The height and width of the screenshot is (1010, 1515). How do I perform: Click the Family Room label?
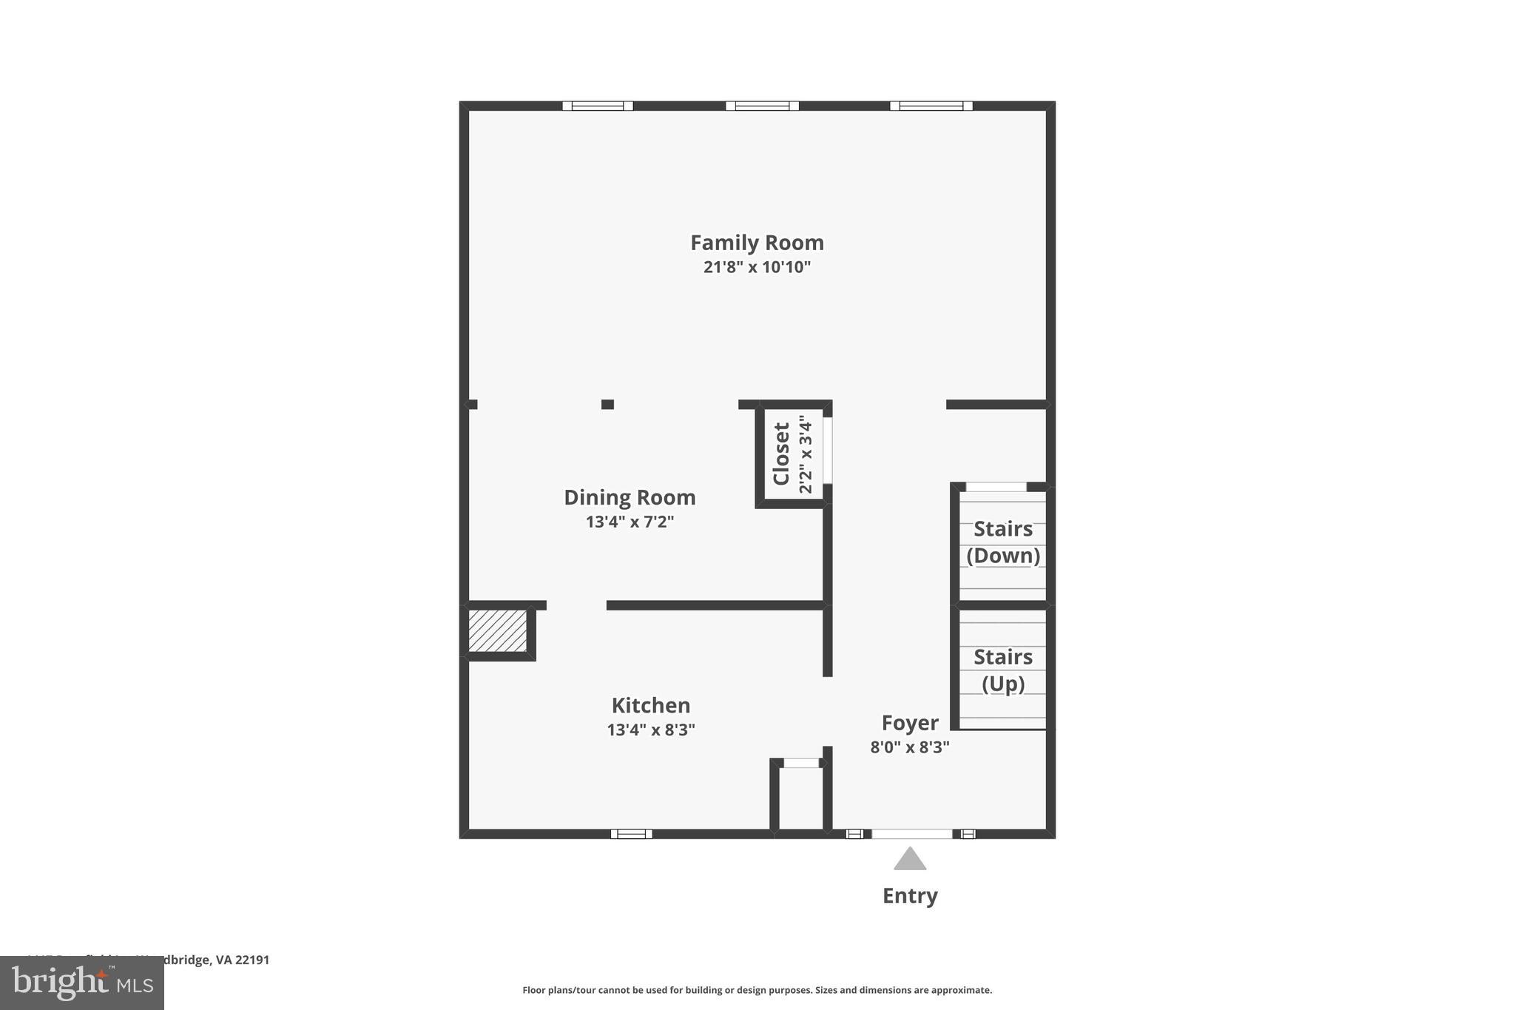point(757,243)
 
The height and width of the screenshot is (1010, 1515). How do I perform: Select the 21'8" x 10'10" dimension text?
point(757,267)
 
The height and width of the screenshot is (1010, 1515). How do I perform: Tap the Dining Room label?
point(630,497)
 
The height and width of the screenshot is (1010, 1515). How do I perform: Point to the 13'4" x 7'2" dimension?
point(630,522)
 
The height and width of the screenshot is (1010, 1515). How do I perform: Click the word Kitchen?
point(651,705)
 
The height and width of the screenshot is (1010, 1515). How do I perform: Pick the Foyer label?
point(910,723)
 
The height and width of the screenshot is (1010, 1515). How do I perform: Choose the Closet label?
point(781,454)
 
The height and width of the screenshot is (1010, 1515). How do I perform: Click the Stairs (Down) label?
point(1003,542)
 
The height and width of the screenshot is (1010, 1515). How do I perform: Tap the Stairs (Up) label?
point(1003,670)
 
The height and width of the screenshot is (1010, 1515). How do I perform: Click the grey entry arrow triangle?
point(910,860)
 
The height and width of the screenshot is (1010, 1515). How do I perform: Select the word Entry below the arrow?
point(910,896)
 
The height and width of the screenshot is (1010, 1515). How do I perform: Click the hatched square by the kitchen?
point(498,631)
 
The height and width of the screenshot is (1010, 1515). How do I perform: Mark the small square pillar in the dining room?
point(607,404)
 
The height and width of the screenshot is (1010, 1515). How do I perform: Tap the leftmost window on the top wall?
point(598,106)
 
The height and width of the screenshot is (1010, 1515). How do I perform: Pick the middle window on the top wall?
point(762,106)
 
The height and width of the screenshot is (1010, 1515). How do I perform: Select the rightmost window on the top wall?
point(931,106)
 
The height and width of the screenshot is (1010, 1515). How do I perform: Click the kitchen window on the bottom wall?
point(631,834)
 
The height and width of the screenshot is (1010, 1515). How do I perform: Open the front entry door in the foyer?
point(912,834)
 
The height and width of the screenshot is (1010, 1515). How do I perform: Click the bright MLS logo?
point(82,983)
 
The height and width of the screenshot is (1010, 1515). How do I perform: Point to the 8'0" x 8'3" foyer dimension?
point(910,747)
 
